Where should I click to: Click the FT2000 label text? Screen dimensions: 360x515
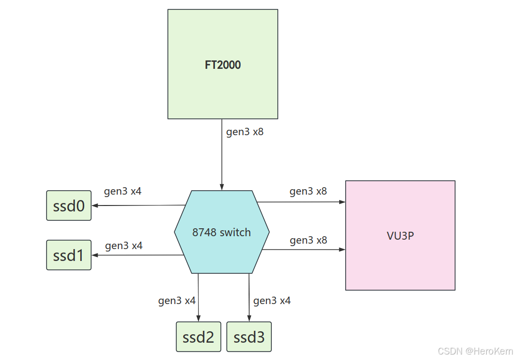pyautogui.click(x=223, y=65)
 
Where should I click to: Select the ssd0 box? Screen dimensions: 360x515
pyautogui.click(x=69, y=206)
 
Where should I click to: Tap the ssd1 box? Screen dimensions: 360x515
pyautogui.click(x=69, y=255)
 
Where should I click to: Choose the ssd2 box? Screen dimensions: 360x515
pyautogui.click(x=199, y=337)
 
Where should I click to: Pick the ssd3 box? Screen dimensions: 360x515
pyautogui.click(x=249, y=337)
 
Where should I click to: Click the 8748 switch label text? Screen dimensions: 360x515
pyautogui.click(x=221, y=232)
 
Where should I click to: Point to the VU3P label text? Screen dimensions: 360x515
pyautogui.click(x=400, y=236)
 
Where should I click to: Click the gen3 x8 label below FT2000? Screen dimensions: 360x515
pyautogui.click(x=245, y=132)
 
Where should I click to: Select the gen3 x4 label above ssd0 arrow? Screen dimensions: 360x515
pyautogui.click(x=123, y=191)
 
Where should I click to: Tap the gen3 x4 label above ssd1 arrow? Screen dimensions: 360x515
pyautogui.click(x=124, y=245)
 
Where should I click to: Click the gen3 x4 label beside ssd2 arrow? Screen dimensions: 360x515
pyautogui.click(x=177, y=301)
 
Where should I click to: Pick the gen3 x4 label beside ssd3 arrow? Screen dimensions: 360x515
pyautogui.click(x=272, y=301)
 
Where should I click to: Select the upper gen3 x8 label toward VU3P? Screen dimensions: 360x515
pyautogui.click(x=308, y=191)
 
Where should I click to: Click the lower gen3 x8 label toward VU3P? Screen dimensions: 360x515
pyautogui.click(x=308, y=240)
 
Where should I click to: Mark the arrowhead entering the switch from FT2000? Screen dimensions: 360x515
pyautogui.click(x=221, y=187)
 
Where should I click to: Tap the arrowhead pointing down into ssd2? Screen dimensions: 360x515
pyautogui.click(x=199, y=318)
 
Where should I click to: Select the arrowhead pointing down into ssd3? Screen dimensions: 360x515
pyautogui.click(x=249, y=318)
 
